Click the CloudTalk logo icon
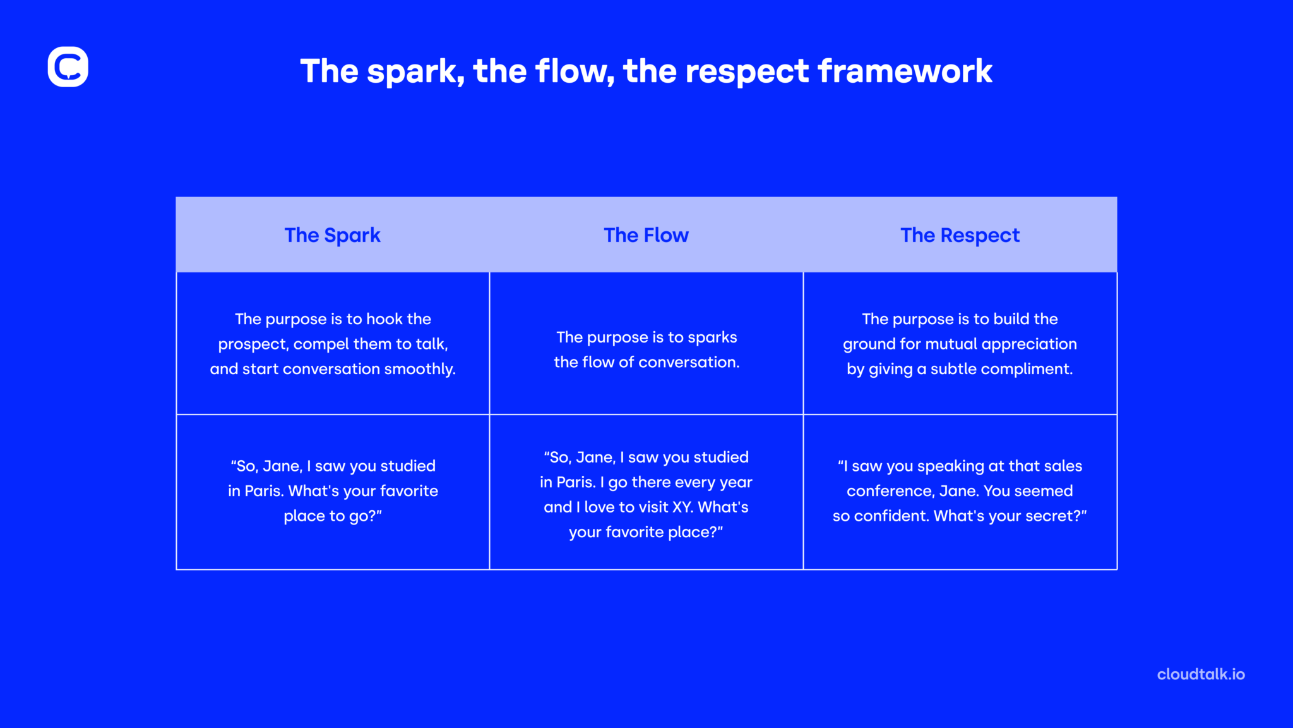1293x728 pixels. (x=68, y=66)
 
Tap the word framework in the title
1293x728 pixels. (x=905, y=71)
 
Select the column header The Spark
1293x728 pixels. (x=333, y=235)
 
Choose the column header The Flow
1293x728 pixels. (x=646, y=235)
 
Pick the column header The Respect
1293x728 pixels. (x=960, y=235)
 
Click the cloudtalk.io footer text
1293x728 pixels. (x=1201, y=674)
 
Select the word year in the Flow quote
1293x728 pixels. (x=736, y=483)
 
